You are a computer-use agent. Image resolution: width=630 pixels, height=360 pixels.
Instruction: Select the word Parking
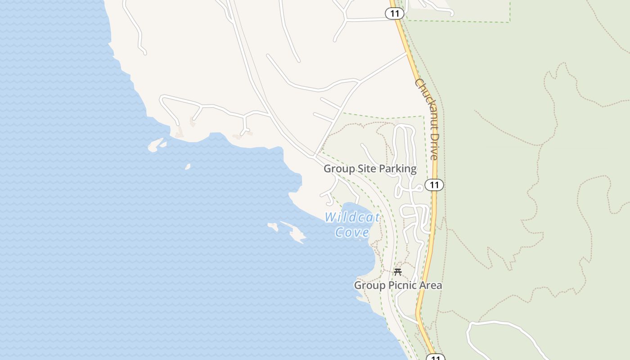pyautogui.click(x=397, y=169)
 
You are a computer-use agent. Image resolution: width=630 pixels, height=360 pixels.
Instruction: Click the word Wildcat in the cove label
pyautogui.click(x=352, y=217)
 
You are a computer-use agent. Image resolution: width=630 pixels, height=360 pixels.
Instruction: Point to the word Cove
pyautogui.click(x=352, y=232)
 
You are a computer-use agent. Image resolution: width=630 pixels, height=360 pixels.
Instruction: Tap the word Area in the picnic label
pyautogui.click(x=431, y=285)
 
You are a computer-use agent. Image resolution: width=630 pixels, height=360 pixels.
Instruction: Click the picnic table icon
pyautogui.click(x=397, y=272)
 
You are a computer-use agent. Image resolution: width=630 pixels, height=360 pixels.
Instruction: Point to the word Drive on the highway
pyautogui.click(x=434, y=146)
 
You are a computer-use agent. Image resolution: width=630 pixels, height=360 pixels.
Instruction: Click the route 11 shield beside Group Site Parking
pyautogui.click(x=434, y=185)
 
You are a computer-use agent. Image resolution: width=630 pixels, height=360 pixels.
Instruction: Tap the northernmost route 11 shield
pyautogui.click(x=395, y=13)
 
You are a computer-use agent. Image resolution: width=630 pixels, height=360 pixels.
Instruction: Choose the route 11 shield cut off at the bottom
pyautogui.click(x=435, y=357)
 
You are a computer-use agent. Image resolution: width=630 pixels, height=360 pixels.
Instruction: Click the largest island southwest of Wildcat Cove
pyautogui.click(x=295, y=233)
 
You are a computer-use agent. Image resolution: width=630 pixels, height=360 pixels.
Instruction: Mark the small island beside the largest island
pyautogui.click(x=273, y=226)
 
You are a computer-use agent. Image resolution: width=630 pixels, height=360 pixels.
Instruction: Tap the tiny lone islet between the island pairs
pyautogui.click(x=188, y=167)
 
